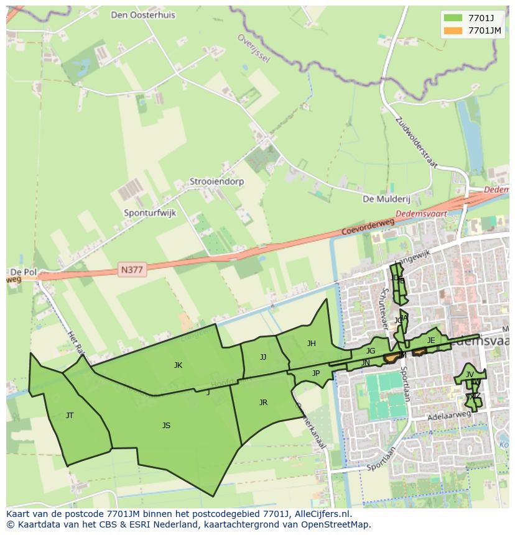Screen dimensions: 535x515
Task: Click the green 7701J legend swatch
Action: (453, 18)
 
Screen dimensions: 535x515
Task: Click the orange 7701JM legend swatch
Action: (453, 30)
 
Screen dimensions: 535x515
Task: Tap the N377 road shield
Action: (132, 270)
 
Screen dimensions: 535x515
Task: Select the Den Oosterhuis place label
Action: (143, 15)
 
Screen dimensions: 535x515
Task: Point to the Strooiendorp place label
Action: (217, 182)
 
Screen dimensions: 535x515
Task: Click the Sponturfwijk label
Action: (150, 213)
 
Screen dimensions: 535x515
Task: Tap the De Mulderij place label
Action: (386, 199)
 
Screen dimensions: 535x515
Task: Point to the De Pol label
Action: (23, 273)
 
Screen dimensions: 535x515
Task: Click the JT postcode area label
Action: (70, 415)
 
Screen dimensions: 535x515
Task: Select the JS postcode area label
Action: (166, 425)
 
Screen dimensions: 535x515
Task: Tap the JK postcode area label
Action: (178, 365)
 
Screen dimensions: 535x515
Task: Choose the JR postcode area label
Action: (263, 403)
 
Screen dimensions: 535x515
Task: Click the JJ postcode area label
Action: (263, 357)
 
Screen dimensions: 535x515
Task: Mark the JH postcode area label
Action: (311, 343)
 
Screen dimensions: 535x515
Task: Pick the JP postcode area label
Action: (315, 373)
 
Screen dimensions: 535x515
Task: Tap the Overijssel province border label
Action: (253, 48)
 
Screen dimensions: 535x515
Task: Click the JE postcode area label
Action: (431, 340)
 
